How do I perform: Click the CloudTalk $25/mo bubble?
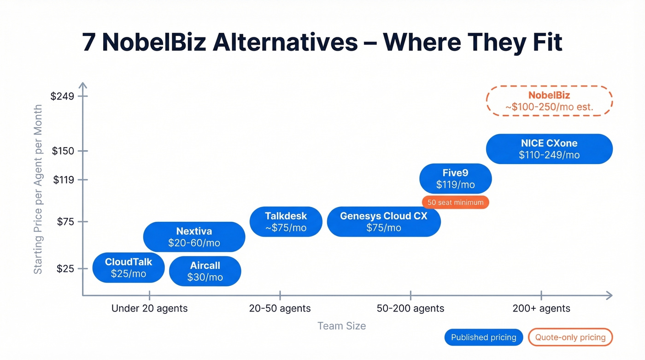129,268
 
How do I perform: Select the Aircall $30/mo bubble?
205,271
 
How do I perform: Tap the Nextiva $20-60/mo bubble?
194,237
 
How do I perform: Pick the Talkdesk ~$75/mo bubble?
286,222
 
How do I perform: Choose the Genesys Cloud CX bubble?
384,222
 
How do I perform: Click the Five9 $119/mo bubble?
455,179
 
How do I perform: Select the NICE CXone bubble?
549,149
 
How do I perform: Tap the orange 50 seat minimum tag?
455,202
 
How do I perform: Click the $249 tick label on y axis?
62,96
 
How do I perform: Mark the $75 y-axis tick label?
65,222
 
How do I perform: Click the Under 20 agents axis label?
149,308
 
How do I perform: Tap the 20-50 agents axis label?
280,308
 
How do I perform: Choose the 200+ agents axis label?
541,308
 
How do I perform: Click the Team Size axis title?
341,326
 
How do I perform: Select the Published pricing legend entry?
483,337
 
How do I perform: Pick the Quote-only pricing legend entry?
570,337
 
